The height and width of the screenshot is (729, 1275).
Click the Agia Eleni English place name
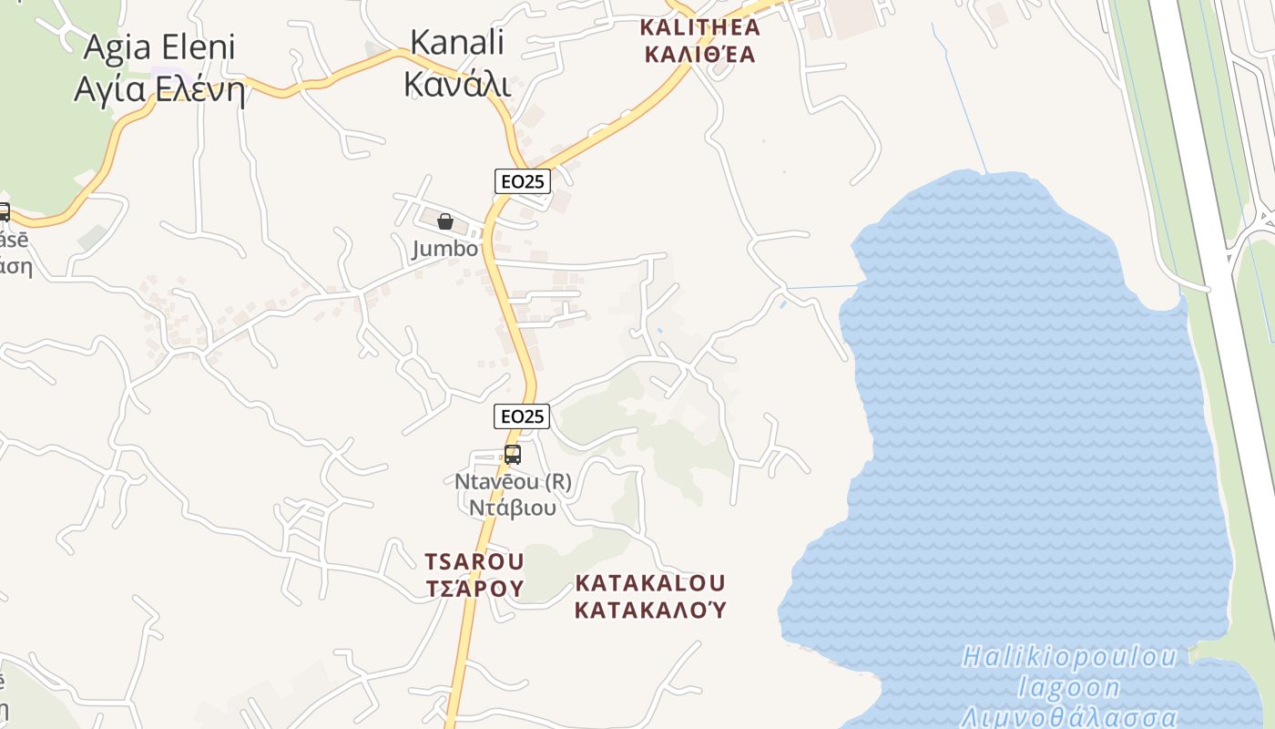pyautogui.click(x=160, y=47)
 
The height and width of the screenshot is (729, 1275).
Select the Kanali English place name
pyautogui.click(x=457, y=42)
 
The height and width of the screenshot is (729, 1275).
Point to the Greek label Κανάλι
pyautogui.click(x=457, y=83)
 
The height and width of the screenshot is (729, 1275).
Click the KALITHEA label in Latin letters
pyautogui.click(x=700, y=26)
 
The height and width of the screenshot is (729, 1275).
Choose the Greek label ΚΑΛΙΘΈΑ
pyautogui.click(x=700, y=55)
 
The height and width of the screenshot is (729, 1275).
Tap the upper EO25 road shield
pyautogui.click(x=523, y=181)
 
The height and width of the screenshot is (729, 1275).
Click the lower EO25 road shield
pyautogui.click(x=523, y=416)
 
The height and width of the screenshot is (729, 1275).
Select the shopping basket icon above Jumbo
pyautogui.click(x=445, y=221)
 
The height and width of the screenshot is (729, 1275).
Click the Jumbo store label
pyautogui.click(x=444, y=249)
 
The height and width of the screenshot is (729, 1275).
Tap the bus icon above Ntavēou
pyautogui.click(x=513, y=454)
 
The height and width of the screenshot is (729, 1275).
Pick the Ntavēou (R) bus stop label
pyautogui.click(x=513, y=481)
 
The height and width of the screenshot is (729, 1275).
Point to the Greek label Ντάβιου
pyautogui.click(x=513, y=507)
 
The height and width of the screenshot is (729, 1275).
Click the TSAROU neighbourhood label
pyautogui.click(x=474, y=560)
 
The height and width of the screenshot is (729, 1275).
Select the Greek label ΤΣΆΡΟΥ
pyautogui.click(x=474, y=588)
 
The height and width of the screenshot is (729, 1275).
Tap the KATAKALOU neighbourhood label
pyautogui.click(x=650, y=582)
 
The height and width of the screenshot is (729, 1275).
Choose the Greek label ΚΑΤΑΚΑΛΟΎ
pyautogui.click(x=650, y=609)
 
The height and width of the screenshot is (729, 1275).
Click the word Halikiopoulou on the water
pyautogui.click(x=1071, y=657)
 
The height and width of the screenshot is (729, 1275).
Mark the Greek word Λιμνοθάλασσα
pyautogui.click(x=1069, y=716)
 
